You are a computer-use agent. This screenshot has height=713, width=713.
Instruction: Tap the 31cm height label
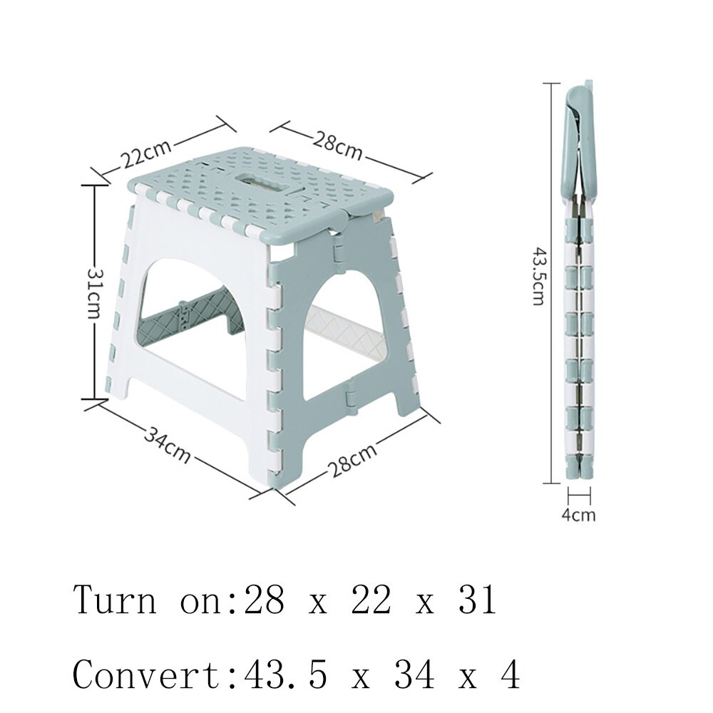94,293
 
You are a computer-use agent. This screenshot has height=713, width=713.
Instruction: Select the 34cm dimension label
168,444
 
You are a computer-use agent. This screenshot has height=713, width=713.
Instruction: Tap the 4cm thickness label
578,514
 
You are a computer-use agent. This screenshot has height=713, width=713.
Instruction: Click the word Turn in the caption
114,600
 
